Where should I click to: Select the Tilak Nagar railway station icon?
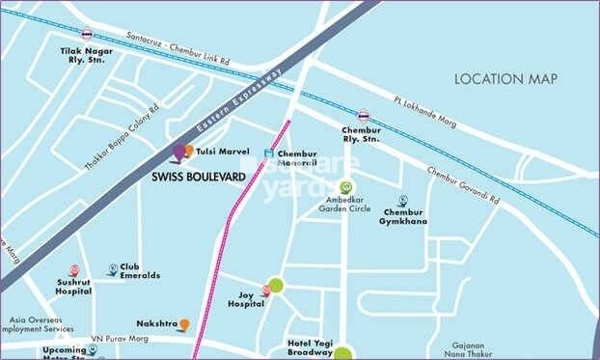pos(88,33)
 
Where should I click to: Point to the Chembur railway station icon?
pos(363,115)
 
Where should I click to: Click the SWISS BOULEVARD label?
pos(199,177)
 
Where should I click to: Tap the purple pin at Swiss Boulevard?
pos(179,152)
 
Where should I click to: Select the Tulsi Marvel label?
pos(223,152)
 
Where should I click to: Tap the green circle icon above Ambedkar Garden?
pos(346,187)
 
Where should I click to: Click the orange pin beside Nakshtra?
pos(185,325)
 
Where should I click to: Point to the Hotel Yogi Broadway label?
pos(311,349)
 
